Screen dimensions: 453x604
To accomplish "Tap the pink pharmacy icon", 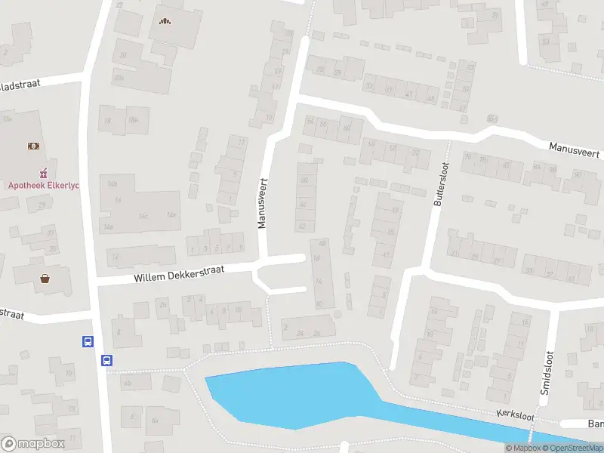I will pyautogui.click(x=43, y=170).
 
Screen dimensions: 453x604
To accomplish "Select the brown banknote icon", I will pyautogui.click(x=33, y=144).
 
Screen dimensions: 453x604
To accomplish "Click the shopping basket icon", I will pyautogui.click(x=45, y=278).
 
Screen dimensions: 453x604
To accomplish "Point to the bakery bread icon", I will pyautogui.click(x=165, y=20).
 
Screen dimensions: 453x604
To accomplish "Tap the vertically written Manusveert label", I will pyautogui.click(x=263, y=203).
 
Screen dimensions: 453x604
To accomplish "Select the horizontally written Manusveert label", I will pyautogui.click(x=575, y=149).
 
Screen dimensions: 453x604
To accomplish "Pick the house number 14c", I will pyautogui.click(x=143, y=216).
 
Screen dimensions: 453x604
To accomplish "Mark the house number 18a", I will pyautogui.click(x=133, y=120).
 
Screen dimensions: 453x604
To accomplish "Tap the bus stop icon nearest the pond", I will pyautogui.click(x=107, y=360).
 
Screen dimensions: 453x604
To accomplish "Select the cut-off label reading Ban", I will pyautogui.click(x=596, y=424).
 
